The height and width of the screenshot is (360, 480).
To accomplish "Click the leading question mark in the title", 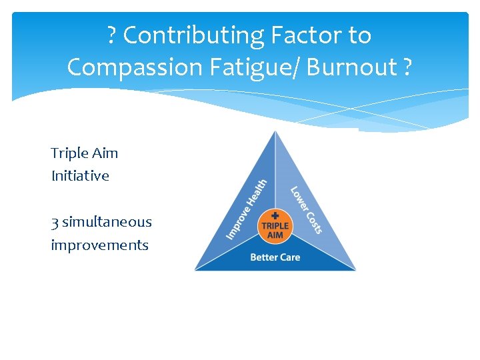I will pos(112,35).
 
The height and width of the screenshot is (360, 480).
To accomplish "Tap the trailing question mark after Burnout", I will pos(407,67).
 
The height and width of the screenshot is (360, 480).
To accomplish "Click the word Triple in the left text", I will pos(69,153).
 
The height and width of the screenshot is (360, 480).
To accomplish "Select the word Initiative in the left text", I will pos(80,176).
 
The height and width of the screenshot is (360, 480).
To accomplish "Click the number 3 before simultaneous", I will pos(54,222).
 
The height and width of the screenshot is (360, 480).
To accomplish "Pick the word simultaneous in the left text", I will pos(107,222).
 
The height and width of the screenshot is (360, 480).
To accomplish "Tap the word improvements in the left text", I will pos(99,245).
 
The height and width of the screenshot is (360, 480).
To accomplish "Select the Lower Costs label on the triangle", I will pos(306,209).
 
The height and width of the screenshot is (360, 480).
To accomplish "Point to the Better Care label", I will pos(275,257).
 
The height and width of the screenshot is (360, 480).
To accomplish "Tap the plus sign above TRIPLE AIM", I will pos(275,215).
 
